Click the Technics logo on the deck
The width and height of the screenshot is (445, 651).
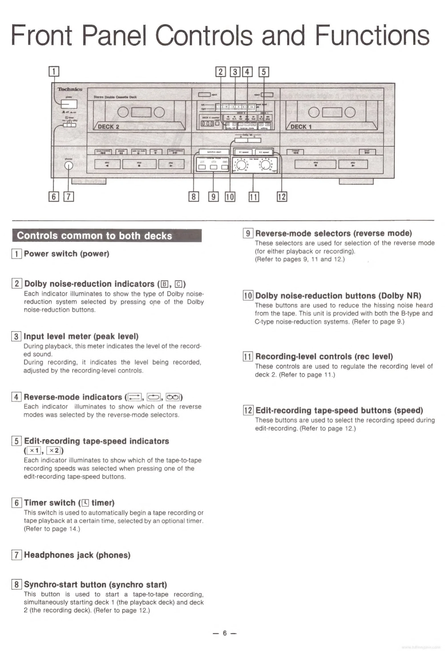pos(70,89)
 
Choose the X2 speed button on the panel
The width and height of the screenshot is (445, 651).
pos(264,152)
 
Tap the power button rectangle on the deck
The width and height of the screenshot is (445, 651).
pos(69,104)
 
